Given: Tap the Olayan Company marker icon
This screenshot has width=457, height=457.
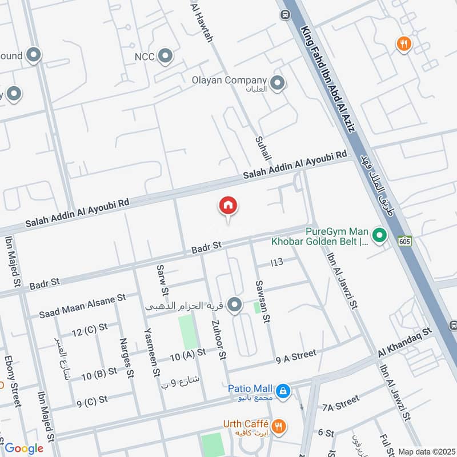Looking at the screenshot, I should tap(278, 84).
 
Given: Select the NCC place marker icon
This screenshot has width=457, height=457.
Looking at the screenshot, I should tap(166, 56).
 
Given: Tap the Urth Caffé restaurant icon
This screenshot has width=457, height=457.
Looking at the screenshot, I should tap(279, 425).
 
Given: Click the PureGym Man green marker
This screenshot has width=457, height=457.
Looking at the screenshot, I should tap(378, 235).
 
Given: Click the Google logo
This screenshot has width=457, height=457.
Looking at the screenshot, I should tap(24, 448).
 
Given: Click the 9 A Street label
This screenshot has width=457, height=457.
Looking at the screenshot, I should tap(295, 357).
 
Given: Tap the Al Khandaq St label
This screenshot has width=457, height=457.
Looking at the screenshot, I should tap(405, 342).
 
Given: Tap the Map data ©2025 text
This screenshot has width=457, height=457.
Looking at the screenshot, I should tap(426, 451).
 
